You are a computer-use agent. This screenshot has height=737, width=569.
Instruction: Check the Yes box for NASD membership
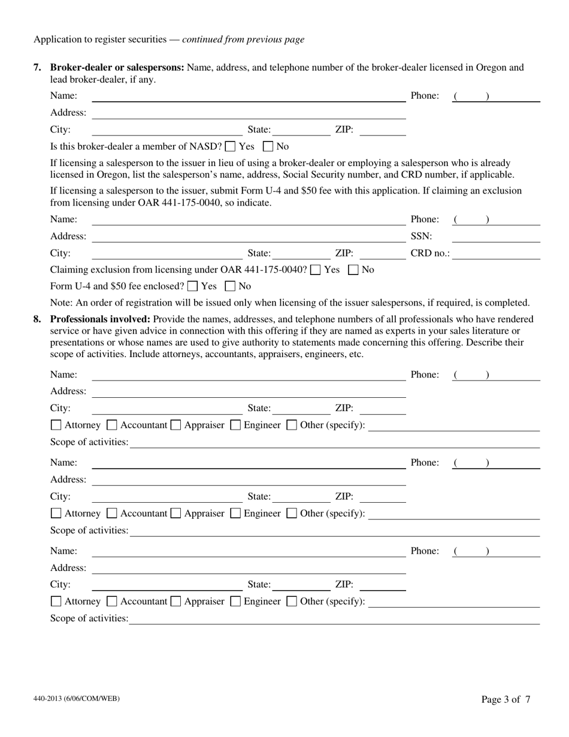pyautogui.click(x=230, y=146)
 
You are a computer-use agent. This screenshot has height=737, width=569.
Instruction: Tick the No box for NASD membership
pyautogui.click(x=268, y=146)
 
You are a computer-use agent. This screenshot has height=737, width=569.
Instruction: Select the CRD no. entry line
pyautogui.click(x=497, y=254)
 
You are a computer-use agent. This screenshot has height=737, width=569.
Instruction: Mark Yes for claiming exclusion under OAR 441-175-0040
pyautogui.click(x=315, y=270)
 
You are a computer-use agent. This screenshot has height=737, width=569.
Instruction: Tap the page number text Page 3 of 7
pyautogui.click(x=506, y=699)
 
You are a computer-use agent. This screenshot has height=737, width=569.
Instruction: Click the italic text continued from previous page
pyautogui.click(x=243, y=40)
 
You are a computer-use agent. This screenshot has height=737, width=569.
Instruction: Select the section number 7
pyautogui.click(x=37, y=67)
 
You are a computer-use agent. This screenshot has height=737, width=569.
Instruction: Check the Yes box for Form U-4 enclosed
pyautogui.click(x=192, y=286)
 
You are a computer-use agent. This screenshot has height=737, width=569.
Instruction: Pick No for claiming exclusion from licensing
pyautogui.click(x=353, y=270)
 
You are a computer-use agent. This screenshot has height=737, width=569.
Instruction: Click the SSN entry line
pyautogui.click(x=500, y=237)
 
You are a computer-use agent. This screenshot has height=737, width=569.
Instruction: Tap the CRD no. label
pyautogui.click(x=429, y=253)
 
